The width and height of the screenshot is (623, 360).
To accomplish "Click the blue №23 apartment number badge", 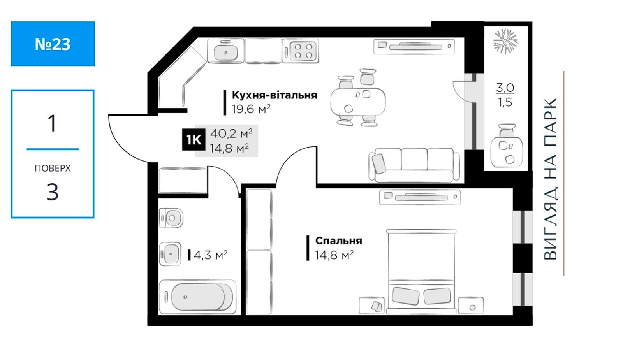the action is tap(53, 44).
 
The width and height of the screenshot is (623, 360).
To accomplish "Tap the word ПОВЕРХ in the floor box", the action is tap(53, 168).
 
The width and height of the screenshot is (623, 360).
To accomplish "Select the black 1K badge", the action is tap(194, 140).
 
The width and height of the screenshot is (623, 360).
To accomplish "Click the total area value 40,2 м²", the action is tap(231, 134).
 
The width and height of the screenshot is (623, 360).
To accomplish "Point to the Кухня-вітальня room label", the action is tap(275, 95).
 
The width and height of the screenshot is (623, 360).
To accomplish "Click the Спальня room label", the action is tap(338, 241).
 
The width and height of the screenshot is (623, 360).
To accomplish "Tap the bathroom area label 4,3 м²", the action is tap(210, 255).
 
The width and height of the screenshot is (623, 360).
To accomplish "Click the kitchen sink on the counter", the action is tap(225, 51).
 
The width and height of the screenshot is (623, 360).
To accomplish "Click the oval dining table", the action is tap(358, 102).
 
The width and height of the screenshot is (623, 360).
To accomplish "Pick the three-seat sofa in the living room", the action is tap(414, 165).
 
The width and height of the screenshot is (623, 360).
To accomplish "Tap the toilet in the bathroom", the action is tap(171, 218).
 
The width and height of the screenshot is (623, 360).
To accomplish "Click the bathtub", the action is tap(197, 297).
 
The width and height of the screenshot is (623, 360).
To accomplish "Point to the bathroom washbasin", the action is tap(170, 254).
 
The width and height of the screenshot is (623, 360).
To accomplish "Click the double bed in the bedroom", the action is tap(421, 271).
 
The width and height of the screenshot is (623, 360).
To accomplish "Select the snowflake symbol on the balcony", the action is tap(505, 41).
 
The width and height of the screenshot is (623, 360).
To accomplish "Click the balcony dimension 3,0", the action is tap(505, 88).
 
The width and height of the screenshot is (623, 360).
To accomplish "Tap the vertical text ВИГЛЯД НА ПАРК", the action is tap(551, 179).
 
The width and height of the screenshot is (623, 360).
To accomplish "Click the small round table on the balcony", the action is tap(507, 152).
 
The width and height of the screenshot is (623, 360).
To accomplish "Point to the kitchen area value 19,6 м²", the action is tap(251, 109).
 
